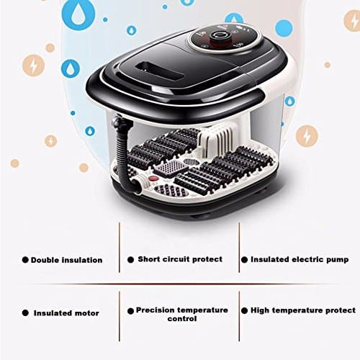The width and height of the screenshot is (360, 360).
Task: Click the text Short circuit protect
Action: pyautogui.click(x=180, y=259)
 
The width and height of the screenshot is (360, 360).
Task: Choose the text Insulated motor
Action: pyautogui.click(x=66, y=313)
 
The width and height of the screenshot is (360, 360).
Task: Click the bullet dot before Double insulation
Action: pyautogui.click(x=25, y=260)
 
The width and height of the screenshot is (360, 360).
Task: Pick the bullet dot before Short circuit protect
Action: pyautogui.click(x=131, y=259)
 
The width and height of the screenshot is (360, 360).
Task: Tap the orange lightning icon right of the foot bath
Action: pyautogui.click(x=307, y=135)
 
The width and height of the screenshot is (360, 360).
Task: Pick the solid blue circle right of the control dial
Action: pyautogui.click(x=284, y=29)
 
